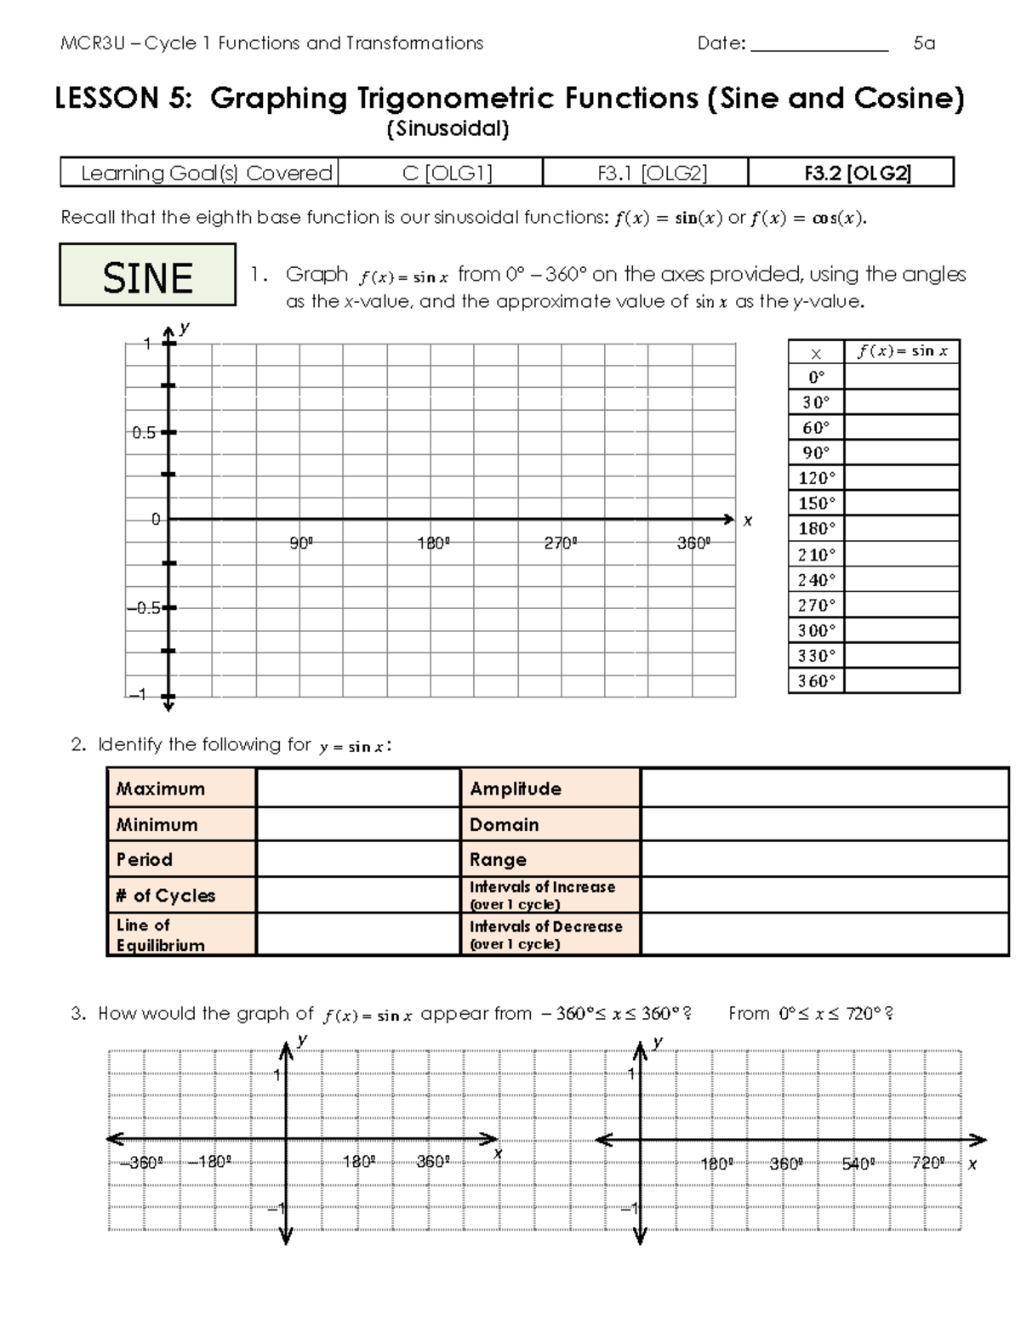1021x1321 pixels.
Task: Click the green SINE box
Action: [147, 275]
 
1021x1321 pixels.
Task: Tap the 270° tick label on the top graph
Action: [561, 544]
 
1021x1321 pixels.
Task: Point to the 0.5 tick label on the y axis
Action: [144, 432]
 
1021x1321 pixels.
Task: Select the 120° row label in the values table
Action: [816, 478]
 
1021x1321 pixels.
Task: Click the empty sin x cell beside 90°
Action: [901, 453]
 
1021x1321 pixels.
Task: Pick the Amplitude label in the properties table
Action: [516, 789]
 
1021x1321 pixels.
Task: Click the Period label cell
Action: [180, 859]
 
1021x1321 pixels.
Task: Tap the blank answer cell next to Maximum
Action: [357, 788]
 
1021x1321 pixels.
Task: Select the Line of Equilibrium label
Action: [180, 934]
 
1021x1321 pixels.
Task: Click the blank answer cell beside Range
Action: [824, 859]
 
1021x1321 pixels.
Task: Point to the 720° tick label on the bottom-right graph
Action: [927, 1163]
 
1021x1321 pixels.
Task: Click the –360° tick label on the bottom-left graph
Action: [140, 1163]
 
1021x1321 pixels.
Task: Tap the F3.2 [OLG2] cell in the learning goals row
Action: [851, 174]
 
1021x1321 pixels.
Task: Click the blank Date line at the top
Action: [819, 44]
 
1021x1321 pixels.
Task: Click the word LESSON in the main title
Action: [106, 99]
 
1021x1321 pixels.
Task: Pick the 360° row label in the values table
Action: [816, 680]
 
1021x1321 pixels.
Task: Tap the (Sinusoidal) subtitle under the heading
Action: [448, 129]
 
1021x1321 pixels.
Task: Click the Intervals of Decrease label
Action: [546, 934]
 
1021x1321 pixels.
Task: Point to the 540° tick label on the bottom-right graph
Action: [858, 1163]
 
